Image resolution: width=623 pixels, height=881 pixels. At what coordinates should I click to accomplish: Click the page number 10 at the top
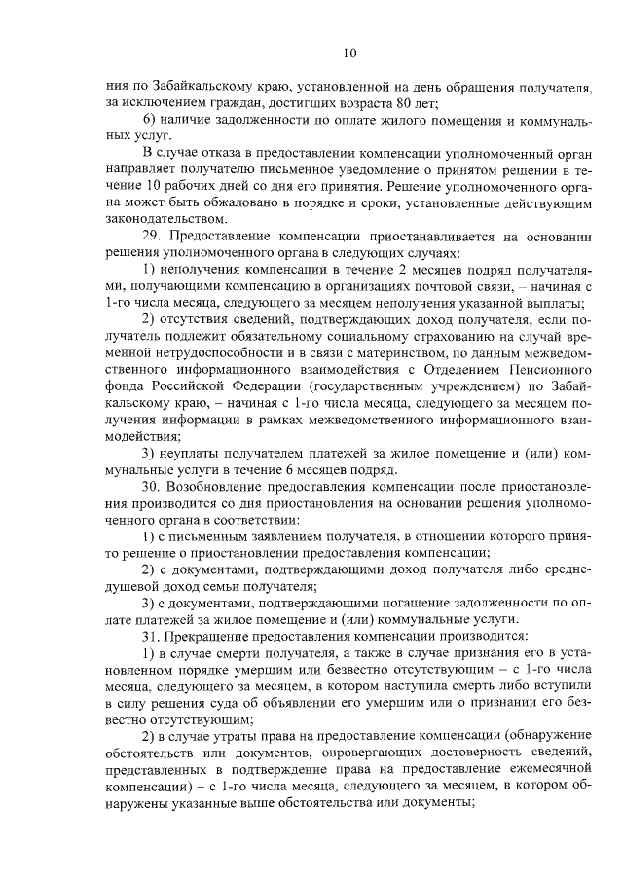tap(350, 53)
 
